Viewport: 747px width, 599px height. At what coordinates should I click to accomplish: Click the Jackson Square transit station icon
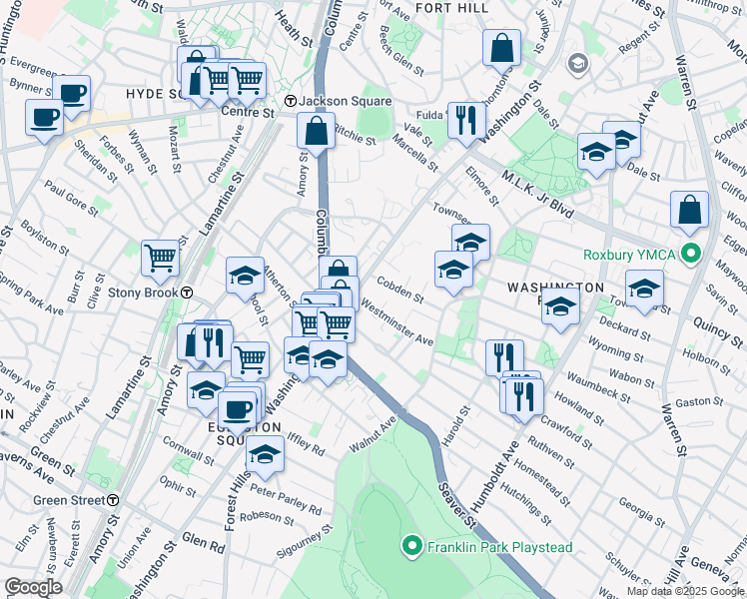(290, 102)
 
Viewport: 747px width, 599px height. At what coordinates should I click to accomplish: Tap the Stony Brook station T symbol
(187, 293)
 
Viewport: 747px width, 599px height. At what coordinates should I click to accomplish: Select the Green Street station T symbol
(114, 500)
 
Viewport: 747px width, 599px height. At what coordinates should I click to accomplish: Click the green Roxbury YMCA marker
(688, 254)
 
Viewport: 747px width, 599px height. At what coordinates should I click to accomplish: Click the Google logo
(33, 587)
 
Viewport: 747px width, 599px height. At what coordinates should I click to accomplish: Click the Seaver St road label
(455, 498)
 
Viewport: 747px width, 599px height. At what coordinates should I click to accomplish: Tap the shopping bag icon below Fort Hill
(501, 47)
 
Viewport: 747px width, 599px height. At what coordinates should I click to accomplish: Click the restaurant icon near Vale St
(466, 120)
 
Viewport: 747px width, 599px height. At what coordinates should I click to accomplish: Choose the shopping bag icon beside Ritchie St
(317, 131)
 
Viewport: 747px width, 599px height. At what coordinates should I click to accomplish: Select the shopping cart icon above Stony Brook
(160, 258)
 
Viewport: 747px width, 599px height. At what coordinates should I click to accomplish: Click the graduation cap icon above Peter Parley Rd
(265, 452)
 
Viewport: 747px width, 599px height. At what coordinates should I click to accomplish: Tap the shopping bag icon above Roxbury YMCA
(689, 209)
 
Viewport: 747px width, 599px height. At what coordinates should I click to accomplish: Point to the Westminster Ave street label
(397, 323)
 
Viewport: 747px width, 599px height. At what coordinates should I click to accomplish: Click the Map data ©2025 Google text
(685, 590)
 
